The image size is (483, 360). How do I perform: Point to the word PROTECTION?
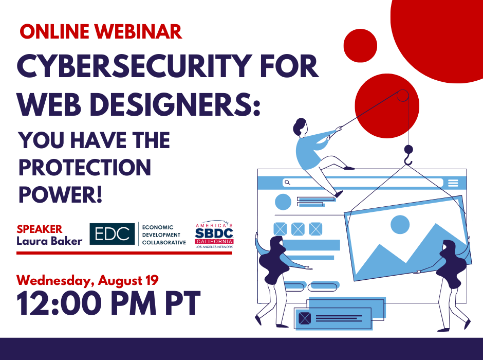[85, 167]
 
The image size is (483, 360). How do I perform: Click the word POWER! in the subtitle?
[61, 194]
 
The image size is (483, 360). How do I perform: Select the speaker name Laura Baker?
[50, 241]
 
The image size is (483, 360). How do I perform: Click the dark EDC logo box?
[112, 234]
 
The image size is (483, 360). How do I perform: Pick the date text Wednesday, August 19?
[87, 280]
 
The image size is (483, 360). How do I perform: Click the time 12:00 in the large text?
[59, 303]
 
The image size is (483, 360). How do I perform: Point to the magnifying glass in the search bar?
[287, 183]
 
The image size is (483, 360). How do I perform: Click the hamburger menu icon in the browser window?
[453, 183]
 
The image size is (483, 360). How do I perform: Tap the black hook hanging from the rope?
[408, 155]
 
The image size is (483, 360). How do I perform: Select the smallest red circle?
[360, 46]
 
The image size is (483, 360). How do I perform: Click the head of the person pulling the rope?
[300, 127]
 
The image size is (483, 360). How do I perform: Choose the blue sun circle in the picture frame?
[400, 224]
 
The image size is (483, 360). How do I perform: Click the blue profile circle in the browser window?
[283, 202]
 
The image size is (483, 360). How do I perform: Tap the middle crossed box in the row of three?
[298, 229]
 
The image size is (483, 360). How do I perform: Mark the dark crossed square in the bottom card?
[305, 318]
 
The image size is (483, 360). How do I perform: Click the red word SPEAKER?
[40, 229]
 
